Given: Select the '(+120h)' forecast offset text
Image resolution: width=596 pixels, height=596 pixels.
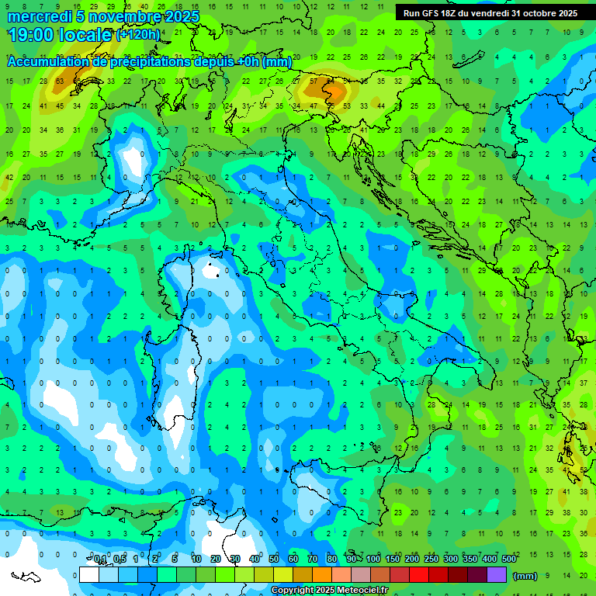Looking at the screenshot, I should pos(138,35).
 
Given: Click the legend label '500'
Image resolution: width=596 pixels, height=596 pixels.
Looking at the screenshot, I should pos(509,560).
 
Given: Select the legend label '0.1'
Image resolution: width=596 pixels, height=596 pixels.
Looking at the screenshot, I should pos(100,560).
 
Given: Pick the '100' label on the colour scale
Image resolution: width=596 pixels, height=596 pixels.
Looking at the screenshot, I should pos(373,560).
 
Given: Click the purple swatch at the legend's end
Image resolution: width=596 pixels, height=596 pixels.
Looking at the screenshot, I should pos(497,574).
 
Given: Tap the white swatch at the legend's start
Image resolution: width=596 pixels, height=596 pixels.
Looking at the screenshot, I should pos(89,574).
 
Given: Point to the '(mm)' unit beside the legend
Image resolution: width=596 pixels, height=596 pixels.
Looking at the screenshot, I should pos(525,575).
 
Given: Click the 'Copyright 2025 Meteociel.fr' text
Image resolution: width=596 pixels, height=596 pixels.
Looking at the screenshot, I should pos(329,591).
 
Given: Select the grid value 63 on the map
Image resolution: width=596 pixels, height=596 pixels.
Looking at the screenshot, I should pos(60,81).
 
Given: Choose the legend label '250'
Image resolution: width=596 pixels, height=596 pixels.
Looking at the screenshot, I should pos(431,560).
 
